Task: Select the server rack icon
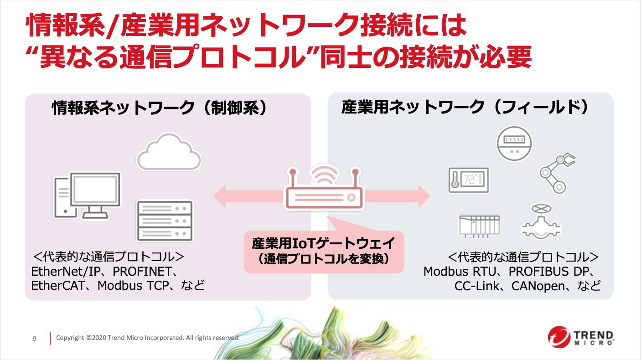point(165,221)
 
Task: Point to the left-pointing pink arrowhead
point(220,196)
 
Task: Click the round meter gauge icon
point(514,144)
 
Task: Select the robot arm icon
point(557,173)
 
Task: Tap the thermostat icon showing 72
point(469,180)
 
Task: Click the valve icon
point(541,221)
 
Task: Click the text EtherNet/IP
point(66,272)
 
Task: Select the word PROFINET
point(142,272)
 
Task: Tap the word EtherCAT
point(58,286)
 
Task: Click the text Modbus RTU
point(459,272)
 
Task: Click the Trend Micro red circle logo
point(559,337)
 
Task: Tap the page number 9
point(35,339)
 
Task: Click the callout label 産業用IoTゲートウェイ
point(323,243)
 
